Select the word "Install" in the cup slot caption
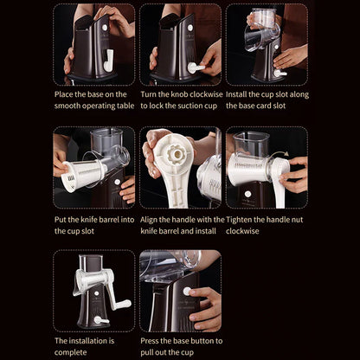click(236, 94)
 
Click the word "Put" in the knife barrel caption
click(61, 220)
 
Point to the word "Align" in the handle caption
click(148, 220)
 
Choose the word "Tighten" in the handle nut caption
click(239, 220)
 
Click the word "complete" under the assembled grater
click(70, 352)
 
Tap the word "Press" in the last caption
click(150, 341)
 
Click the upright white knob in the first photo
click(109, 61)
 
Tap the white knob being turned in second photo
click(196, 68)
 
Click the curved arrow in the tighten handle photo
click(280, 154)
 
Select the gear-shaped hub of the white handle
click(175, 154)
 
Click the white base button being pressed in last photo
click(187, 291)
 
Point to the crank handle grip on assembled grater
click(124, 304)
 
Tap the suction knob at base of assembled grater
click(100, 320)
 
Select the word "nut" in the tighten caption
click(298, 220)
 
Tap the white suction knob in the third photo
click(280, 74)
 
